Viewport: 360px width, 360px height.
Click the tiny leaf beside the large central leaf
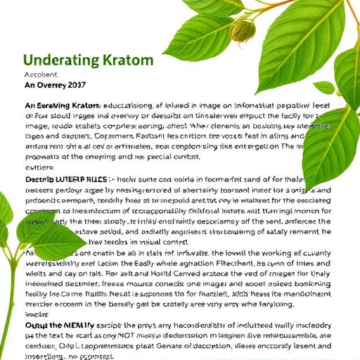coord(324,88)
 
